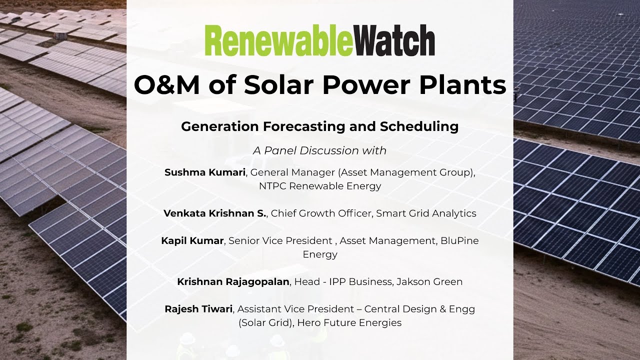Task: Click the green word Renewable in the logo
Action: click(x=279, y=40)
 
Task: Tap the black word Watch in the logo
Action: click(x=394, y=40)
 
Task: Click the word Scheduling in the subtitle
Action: click(x=419, y=126)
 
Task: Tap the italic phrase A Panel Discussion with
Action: click(x=319, y=150)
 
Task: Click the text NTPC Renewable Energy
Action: click(x=320, y=186)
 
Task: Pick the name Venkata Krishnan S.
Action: click(x=215, y=213)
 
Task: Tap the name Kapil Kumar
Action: click(x=192, y=240)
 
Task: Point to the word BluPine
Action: click(x=459, y=240)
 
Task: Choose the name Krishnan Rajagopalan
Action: click(x=233, y=281)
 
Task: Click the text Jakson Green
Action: click(x=429, y=281)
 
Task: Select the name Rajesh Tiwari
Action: click(x=198, y=309)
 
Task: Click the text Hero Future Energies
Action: click(x=349, y=322)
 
